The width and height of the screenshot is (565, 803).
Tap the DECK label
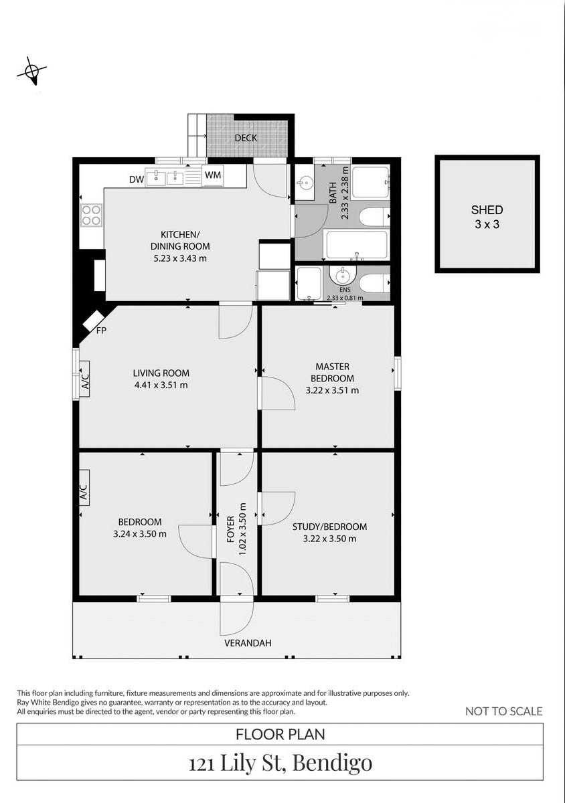[246, 138]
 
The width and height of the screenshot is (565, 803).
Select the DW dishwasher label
[136, 179]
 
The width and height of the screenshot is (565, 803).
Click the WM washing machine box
[214, 175]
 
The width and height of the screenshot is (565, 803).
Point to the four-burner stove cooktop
[92, 215]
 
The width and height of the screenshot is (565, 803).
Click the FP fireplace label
[102, 331]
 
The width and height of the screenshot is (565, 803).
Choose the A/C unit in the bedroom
[84, 494]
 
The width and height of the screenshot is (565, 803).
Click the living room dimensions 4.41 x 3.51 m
[161, 385]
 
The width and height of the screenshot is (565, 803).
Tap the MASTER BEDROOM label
[333, 372]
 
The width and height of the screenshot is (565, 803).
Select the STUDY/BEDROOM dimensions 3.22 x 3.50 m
[329, 538]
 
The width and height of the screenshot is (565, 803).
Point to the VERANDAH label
[248, 643]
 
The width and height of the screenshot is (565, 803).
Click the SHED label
[487, 210]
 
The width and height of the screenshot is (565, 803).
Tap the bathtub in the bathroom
[357, 245]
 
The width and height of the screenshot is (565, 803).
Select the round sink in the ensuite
[343, 275]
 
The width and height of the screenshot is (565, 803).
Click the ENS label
[344, 291]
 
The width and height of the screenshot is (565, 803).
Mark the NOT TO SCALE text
[503, 711]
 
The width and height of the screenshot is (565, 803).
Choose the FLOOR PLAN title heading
[280, 734]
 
